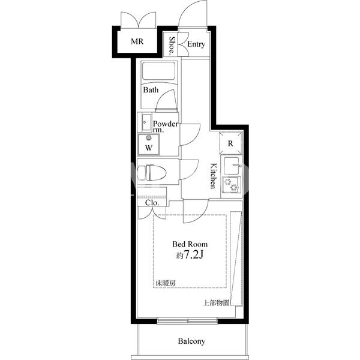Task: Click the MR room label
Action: (x=137, y=41)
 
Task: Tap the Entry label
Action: (x=196, y=44)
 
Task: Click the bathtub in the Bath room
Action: (x=159, y=71)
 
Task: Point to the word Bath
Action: (x=151, y=90)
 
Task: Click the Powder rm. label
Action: (x=166, y=127)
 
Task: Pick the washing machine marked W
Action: (x=149, y=145)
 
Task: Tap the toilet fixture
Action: (x=152, y=172)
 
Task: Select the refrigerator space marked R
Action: (x=230, y=143)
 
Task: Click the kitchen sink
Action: (x=232, y=166)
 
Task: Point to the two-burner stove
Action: (x=232, y=185)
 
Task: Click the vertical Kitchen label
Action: (x=214, y=176)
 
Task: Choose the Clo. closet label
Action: (x=152, y=203)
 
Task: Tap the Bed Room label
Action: (x=190, y=244)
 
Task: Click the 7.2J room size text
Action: (x=193, y=254)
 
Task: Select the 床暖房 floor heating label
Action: (x=166, y=284)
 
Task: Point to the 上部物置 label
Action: (x=216, y=303)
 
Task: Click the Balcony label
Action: (x=191, y=341)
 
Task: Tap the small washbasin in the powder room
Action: (x=146, y=122)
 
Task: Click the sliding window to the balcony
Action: (x=188, y=321)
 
